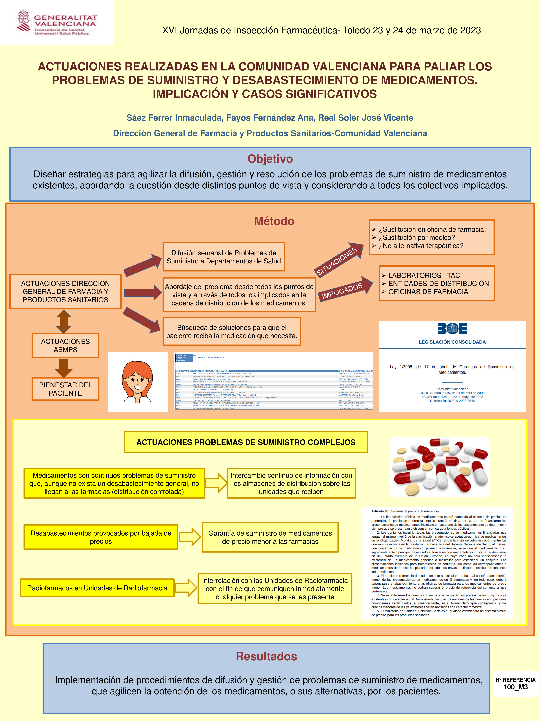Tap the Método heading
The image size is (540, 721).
pos(274,221)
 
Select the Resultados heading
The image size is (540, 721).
pos(266,656)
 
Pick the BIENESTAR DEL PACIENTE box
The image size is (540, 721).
pos(65,389)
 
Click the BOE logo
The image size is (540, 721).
pos(452,329)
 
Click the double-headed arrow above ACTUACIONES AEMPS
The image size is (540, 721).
pos(64,321)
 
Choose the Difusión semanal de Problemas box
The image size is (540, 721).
pos(224,257)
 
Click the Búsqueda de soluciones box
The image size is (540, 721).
pos(232,331)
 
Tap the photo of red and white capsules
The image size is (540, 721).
pos(440,467)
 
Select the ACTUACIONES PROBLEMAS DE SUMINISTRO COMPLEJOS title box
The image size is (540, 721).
pos(246,442)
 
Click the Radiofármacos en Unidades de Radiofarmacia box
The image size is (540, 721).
pos(97,588)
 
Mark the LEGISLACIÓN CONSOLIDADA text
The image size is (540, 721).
pos(452,342)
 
